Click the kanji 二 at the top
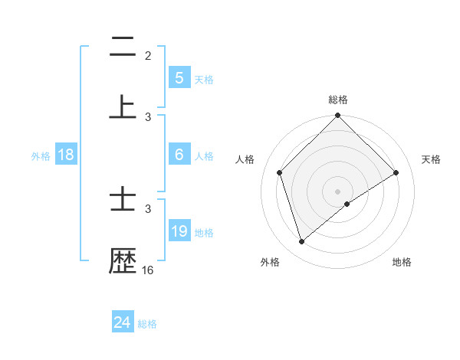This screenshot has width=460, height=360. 123,47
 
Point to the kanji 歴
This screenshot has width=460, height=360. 123,261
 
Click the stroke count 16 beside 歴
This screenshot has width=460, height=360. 148,270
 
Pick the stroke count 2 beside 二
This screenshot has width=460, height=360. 148,55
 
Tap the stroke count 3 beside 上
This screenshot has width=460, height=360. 148,116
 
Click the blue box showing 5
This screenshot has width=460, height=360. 179,77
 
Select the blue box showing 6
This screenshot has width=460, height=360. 179,155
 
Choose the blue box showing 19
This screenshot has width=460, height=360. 179,231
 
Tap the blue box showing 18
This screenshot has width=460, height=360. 66,155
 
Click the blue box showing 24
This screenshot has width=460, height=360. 123,323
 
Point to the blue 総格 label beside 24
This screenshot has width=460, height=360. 147,324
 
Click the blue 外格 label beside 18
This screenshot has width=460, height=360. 41,155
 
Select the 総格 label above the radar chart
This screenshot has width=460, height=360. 338,100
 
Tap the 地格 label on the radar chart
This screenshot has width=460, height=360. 402,262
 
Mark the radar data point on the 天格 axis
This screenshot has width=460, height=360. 396,172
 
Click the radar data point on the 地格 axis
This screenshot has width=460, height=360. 347,204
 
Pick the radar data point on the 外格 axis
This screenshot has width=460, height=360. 301,242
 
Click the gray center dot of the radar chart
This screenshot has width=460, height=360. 338,191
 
